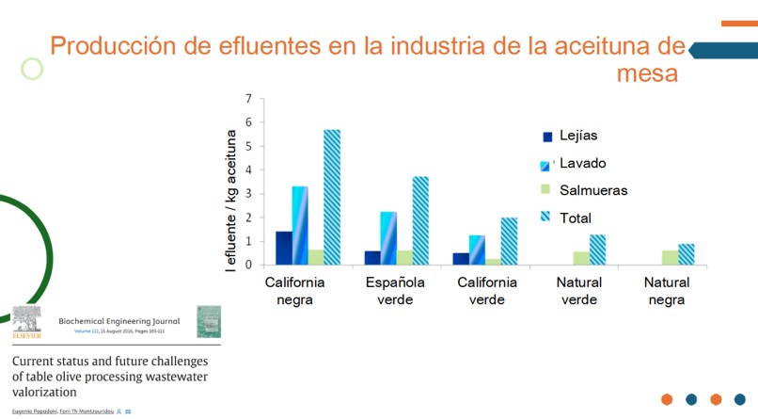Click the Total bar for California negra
point(332,197)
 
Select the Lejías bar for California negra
point(283,248)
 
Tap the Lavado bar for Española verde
point(388,238)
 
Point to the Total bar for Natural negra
point(687,254)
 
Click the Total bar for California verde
point(509,241)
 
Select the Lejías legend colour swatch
point(545,137)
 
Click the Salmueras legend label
point(593,190)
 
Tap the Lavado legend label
point(583,163)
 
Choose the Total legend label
point(576,218)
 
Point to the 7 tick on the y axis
point(248,98)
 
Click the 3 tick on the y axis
point(248,193)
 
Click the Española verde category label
point(394,291)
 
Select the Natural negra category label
point(668,291)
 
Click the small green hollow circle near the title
point(33,69)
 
